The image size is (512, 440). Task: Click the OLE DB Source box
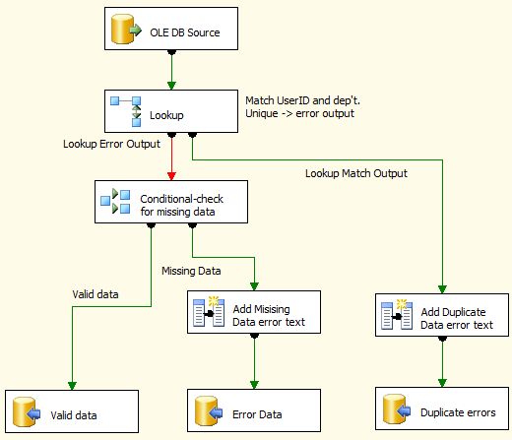coord(171,29)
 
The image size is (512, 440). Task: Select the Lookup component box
coord(171,111)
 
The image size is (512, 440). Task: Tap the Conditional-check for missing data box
coord(171,202)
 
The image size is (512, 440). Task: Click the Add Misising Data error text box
coord(254,312)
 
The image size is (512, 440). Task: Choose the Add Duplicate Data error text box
coord(442,315)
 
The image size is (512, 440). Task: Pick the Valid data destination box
coord(72,411)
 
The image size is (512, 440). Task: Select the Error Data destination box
coord(254,410)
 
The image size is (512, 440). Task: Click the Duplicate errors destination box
coord(442,409)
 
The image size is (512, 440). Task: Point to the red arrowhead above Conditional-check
coord(171,176)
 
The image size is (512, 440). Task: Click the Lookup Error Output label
coord(111,144)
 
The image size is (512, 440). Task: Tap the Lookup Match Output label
coord(356,173)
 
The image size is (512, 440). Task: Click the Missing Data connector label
coord(191,271)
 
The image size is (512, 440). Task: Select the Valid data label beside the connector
coord(96,294)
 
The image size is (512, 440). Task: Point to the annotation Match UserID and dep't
coord(302,100)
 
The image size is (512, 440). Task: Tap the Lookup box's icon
coord(126,111)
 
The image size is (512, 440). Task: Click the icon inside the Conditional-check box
coord(115,202)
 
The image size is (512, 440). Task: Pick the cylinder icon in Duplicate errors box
coord(397,409)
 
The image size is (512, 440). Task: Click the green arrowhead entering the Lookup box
coord(171,86)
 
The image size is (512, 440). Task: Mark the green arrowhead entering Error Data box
coord(254,385)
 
